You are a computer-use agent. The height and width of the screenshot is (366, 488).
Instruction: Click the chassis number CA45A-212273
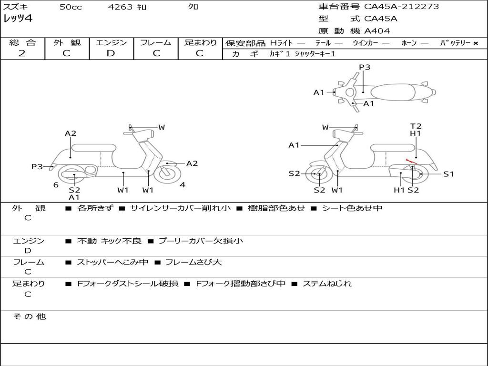point(401,7)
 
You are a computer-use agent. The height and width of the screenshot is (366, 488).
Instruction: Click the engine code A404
point(377,31)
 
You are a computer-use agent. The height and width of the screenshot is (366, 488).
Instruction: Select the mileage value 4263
point(120,7)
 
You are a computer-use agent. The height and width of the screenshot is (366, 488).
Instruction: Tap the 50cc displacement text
point(71,7)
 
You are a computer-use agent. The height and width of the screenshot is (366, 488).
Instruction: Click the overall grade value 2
point(22,53)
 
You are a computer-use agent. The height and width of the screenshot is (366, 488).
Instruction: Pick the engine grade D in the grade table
point(111,53)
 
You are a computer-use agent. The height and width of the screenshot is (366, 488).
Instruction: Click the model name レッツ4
point(18,19)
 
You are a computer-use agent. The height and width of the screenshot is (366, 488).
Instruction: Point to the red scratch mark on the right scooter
point(411,161)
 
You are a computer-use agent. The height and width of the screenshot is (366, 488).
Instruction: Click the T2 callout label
point(416,126)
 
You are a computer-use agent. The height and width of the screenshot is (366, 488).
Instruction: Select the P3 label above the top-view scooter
point(365,67)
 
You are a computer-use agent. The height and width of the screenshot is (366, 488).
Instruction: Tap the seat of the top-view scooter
point(393,92)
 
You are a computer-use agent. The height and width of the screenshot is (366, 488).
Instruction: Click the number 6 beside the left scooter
point(56,185)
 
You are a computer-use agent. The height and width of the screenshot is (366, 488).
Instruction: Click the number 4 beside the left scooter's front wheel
point(183,185)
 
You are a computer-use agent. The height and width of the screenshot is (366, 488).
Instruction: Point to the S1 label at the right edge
point(448,174)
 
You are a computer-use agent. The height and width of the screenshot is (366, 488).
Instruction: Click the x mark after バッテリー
point(476,43)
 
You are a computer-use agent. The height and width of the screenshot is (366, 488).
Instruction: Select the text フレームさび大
point(193,263)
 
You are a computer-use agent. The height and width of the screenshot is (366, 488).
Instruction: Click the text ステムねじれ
point(327,284)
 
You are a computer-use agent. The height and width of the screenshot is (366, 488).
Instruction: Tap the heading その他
point(29,316)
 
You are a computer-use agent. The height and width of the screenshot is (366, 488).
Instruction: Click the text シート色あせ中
point(352,208)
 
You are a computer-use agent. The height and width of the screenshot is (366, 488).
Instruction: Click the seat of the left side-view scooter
point(94,148)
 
